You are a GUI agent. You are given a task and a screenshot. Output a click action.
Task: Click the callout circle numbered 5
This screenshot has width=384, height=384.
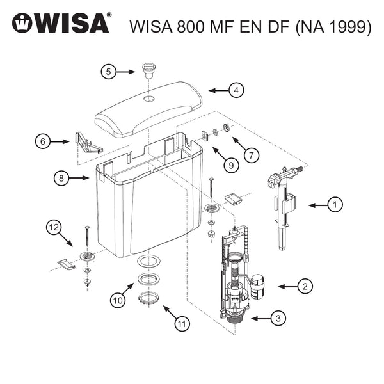[109, 72]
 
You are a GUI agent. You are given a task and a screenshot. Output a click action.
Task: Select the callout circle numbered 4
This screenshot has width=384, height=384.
[236, 90]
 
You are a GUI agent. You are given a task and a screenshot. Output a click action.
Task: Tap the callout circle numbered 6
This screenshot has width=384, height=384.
[42, 141]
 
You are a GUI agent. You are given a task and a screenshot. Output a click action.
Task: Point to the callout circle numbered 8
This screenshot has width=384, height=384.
[61, 179]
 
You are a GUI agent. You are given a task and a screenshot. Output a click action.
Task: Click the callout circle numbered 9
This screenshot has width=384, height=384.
[228, 164]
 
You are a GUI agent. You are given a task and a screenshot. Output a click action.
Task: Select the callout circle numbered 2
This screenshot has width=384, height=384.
[307, 287]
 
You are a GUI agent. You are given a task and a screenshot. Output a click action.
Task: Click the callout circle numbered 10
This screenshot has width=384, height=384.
[116, 299]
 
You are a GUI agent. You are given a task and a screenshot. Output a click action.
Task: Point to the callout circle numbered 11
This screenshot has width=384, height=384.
[183, 324]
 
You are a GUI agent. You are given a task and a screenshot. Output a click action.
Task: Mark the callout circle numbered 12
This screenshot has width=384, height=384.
[54, 228]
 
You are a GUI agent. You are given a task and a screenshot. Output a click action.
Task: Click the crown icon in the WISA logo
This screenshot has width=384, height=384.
[22, 24]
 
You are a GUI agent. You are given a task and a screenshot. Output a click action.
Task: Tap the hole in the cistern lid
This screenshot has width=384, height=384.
[148, 99]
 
